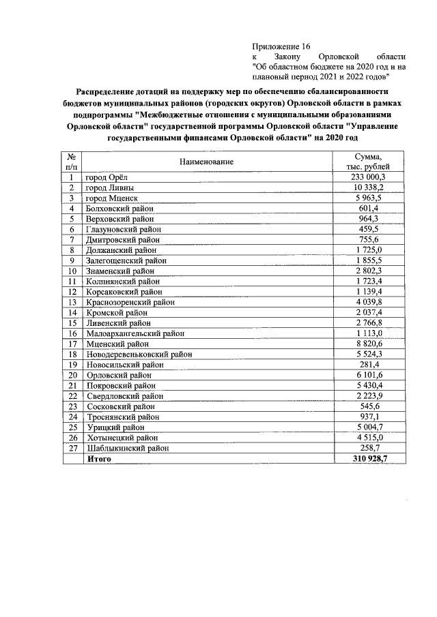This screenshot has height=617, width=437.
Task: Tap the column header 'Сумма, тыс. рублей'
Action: point(368,162)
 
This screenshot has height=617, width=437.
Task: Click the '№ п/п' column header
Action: point(71,162)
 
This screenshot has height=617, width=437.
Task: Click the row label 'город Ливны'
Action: point(110,187)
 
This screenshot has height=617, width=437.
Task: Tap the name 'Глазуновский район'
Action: point(124,229)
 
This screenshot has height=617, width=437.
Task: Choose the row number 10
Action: point(71,271)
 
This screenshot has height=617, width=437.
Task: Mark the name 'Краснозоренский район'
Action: point(130,302)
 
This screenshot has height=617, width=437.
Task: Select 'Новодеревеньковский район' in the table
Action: point(139,355)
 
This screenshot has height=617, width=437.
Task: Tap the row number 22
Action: point(71,396)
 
